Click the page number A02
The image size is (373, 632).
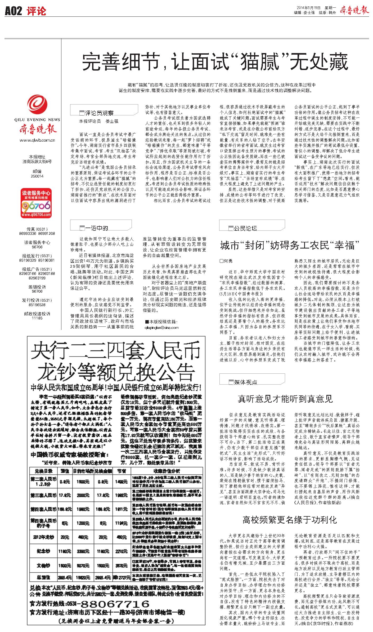click(13, 11)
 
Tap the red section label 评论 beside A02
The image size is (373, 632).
click(36, 11)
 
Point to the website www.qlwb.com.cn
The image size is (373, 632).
click(37, 140)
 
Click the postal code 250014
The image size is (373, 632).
click(37, 176)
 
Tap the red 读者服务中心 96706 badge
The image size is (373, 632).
click(36, 203)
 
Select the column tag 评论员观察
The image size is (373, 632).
click(99, 113)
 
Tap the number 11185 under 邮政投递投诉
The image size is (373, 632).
click(37, 318)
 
